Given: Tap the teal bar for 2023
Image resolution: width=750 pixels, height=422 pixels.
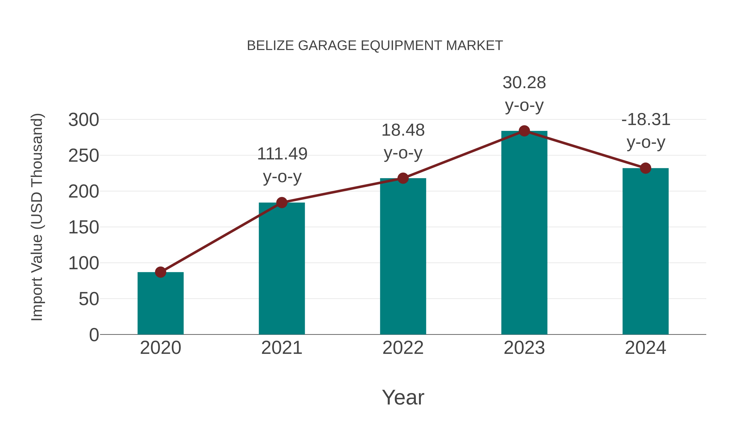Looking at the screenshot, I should (524, 233).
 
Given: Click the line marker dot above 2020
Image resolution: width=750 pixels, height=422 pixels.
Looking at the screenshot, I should (160, 272).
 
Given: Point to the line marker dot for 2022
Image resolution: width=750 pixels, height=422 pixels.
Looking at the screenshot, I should (403, 178).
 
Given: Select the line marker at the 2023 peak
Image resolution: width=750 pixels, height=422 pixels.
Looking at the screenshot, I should (524, 131).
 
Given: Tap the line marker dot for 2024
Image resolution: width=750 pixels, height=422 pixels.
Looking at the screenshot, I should (645, 168).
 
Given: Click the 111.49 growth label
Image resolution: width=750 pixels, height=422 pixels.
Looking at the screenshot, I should (282, 154).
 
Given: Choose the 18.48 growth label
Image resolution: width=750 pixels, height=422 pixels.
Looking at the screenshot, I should (403, 130).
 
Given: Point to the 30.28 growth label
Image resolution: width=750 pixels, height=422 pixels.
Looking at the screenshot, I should (524, 83).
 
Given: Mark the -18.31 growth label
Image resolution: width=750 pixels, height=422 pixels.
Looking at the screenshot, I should (645, 120).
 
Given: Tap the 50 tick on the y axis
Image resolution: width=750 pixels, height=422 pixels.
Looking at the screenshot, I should (89, 299).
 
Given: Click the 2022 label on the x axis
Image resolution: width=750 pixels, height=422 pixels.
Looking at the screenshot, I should (403, 348).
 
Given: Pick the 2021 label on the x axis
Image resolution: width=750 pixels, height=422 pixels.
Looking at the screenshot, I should (281, 348).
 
